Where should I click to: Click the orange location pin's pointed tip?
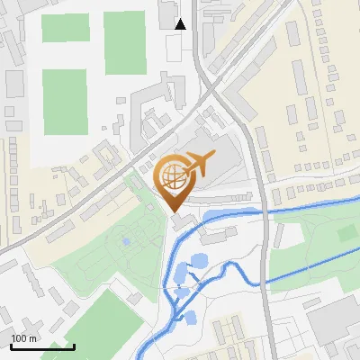pos(174,211)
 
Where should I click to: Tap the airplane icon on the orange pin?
pos(199,164)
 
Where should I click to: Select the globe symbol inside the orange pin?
pos(171,175)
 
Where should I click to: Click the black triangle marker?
pos(181,24)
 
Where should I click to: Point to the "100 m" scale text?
pos(23,338)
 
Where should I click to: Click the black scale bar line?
pos(41,346)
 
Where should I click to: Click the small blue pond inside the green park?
pos(126,241)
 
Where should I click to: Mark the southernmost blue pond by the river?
pos(190,316)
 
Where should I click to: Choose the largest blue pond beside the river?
pos(180,272)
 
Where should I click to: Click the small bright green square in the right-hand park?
pos(347,233)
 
